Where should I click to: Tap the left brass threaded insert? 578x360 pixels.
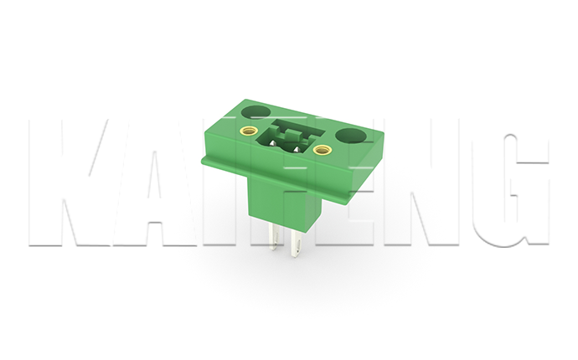coord(248,131)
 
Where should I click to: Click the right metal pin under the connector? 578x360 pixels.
coord(296,245)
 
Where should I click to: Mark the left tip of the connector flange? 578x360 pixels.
coord(202,157)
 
